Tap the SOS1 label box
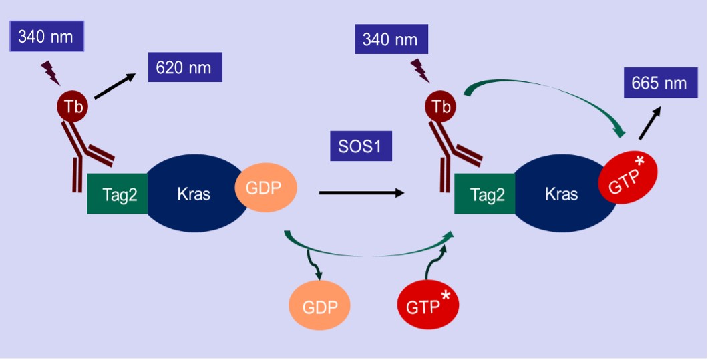(361, 146)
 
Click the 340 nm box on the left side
(46, 36)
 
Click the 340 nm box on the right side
(390, 40)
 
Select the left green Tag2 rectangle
(117, 194)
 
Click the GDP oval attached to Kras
(266, 188)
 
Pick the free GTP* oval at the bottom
(427, 306)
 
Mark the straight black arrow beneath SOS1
(361, 193)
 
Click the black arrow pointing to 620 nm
(114, 87)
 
